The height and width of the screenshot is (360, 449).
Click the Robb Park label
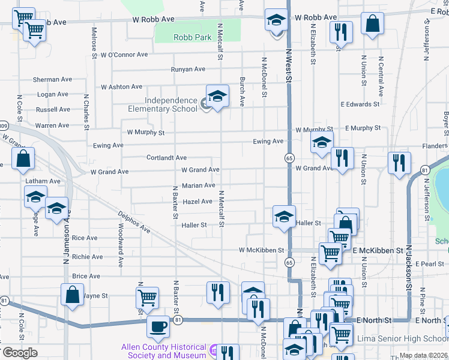point(192,37)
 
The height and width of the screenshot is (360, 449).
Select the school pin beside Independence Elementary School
point(217,96)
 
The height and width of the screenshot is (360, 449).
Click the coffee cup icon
point(158,327)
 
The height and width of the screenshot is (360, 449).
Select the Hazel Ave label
point(197,202)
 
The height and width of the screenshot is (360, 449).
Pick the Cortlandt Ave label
point(166,158)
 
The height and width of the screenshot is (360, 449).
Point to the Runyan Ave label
point(188,70)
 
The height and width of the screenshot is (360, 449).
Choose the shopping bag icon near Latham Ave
point(23,160)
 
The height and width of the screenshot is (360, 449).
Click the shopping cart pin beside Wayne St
point(147,296)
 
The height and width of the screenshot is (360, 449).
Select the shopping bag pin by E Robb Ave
point(372,25)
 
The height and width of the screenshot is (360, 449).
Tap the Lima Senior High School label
point(412,339)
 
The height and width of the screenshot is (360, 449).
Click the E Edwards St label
point(360,104)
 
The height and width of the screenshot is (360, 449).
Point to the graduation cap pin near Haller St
point(283,217)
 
